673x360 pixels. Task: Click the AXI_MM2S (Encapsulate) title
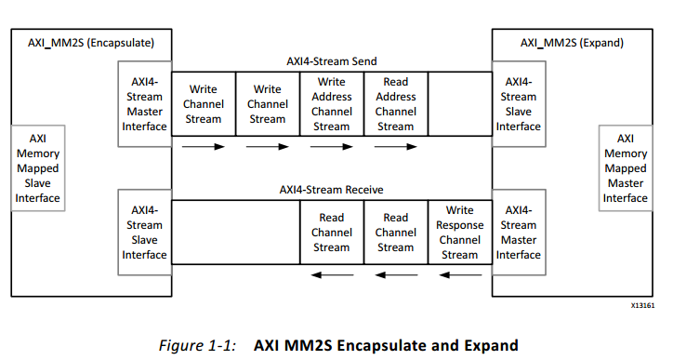coord(83,43)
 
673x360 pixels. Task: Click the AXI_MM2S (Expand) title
coord(571,43)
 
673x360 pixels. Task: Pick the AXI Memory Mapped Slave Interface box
coord(38,168)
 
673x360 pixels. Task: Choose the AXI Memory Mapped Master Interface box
coord(625,168)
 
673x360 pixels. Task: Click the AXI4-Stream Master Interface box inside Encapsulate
coord(144,104)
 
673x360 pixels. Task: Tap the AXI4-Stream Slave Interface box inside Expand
coord(518,104)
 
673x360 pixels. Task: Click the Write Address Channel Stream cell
coord(331,104)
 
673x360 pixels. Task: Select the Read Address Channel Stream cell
coord(395,104)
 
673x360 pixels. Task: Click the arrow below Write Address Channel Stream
coord(331,147)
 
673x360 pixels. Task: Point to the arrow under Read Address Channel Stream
coord(395,147)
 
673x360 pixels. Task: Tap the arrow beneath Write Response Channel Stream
coord(459,274)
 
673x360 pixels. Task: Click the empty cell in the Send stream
coord(459,104)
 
